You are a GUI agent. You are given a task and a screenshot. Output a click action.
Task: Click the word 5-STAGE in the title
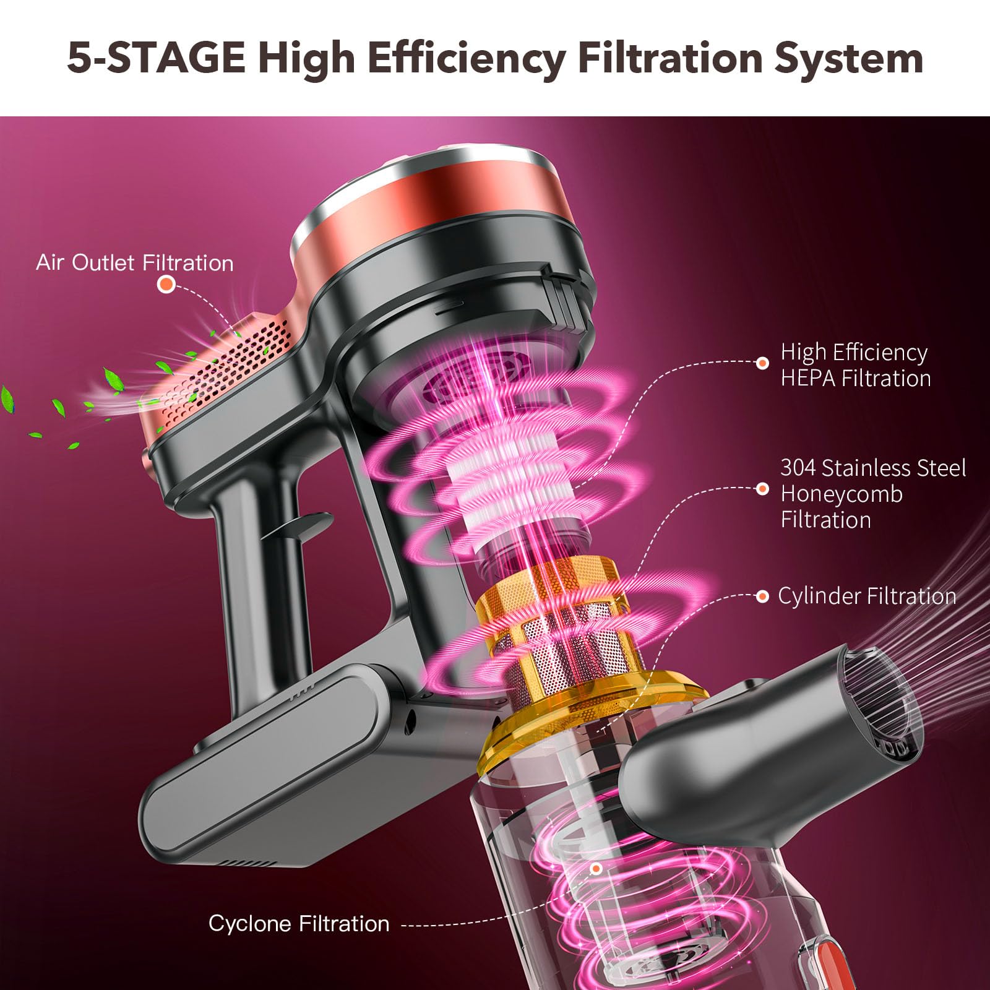click(156, 58)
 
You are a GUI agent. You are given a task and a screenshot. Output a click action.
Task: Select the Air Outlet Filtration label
click(135, 263)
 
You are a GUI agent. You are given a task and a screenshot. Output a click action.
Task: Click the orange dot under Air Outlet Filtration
click(166, 285)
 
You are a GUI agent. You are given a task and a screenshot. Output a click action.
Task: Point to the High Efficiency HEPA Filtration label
click(855, 365)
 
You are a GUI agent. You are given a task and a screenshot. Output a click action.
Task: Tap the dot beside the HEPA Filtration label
click(762, 363)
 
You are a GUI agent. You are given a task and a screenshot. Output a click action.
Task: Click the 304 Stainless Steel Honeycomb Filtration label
click(872, 494)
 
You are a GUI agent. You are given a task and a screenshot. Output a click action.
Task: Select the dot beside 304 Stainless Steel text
click(762, 489)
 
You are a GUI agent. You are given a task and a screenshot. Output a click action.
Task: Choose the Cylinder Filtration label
click(866, 596)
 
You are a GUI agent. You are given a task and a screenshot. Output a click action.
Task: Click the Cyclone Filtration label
click(299, 923)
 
